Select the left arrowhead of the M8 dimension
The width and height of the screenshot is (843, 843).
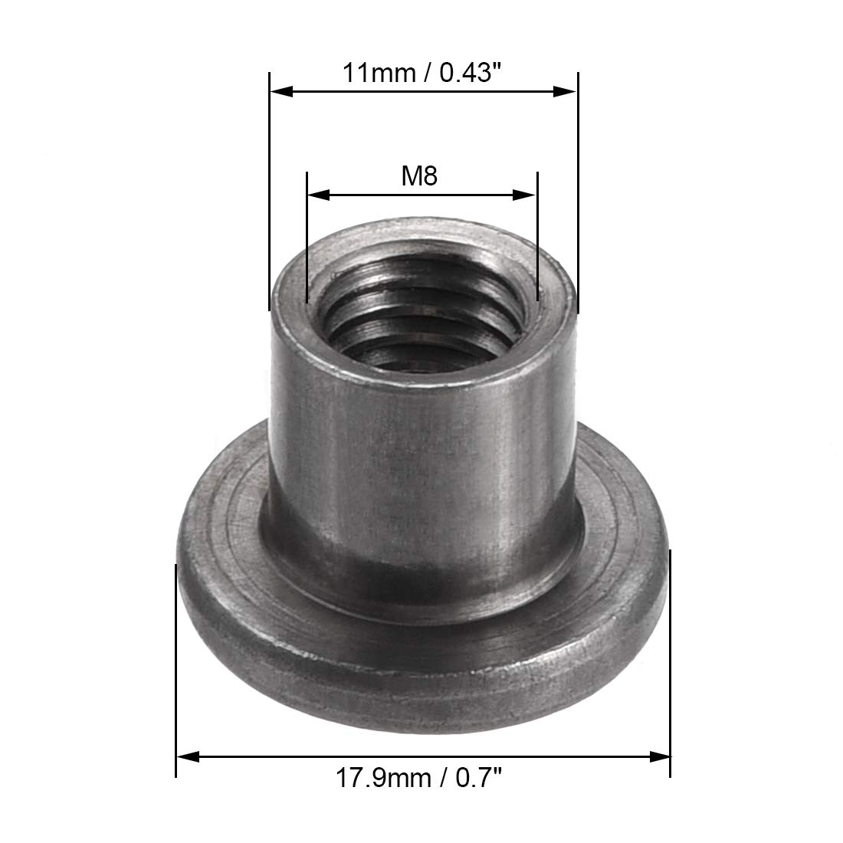(x=317, y=195)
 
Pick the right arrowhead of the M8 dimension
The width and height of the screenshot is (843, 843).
(x=526, y=195)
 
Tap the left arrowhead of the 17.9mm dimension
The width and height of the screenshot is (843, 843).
(x=188, y=757)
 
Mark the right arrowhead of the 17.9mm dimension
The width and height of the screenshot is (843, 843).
(x=660, y=757)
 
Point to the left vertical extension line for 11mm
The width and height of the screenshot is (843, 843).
(x=270, y=192)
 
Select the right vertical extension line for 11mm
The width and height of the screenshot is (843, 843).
(x=577, y=192)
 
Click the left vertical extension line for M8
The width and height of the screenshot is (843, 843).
(x=307, y=238)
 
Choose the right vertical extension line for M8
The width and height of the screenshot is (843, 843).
(x=538, y=238)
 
